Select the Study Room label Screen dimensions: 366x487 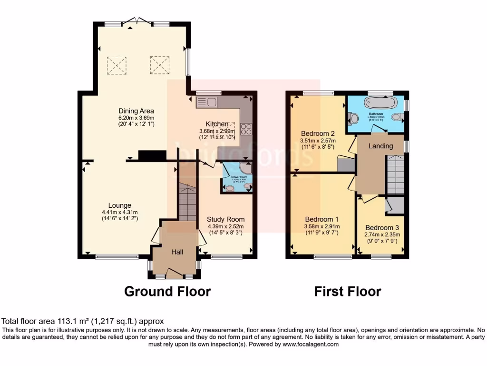[x=225, y=219]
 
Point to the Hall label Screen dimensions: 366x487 [x=177, y=252]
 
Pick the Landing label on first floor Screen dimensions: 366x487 [x=381, y=146]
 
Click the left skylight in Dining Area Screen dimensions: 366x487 [x=117, y=65]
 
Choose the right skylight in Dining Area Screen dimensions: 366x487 [x=159, y=65]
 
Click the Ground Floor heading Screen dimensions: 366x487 [x=167, y=291]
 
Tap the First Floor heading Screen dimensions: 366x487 [x=347, y=291]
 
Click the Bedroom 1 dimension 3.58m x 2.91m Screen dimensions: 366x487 [x=323, y=228]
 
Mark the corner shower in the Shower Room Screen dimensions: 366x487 [x=246, y=169]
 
